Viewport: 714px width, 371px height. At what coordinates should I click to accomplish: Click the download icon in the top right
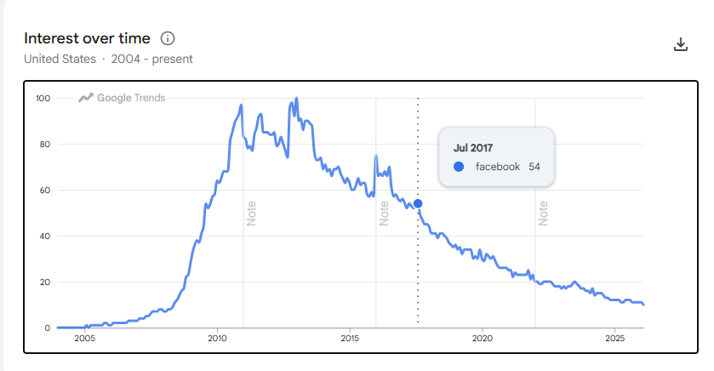click(680, 44)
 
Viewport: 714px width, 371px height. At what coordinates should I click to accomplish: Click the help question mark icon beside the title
click(168, 38)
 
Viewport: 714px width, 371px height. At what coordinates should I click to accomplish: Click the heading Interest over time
click(87, 38)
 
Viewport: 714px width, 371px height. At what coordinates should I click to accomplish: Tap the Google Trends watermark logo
click(122, 98)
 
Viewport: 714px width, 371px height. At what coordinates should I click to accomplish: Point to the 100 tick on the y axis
click(43, 99)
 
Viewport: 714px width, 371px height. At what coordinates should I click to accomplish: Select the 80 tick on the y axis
click(44, 145)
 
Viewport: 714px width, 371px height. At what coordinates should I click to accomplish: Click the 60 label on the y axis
click(44, 191)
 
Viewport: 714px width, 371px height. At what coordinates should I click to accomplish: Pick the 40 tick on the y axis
click(44, 237)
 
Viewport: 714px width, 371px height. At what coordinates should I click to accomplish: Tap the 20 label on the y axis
click(44, 283)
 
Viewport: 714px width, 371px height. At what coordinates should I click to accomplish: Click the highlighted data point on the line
click(418, 203)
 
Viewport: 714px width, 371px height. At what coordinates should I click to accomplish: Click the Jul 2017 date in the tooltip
click(473, 148)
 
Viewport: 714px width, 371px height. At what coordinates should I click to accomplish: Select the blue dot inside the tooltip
click(459, 167)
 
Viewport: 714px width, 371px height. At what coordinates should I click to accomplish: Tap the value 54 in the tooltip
click(534, 167)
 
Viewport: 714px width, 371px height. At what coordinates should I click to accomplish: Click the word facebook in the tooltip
click(497, 167)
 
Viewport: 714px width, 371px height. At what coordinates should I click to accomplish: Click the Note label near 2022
click(542, 212)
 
